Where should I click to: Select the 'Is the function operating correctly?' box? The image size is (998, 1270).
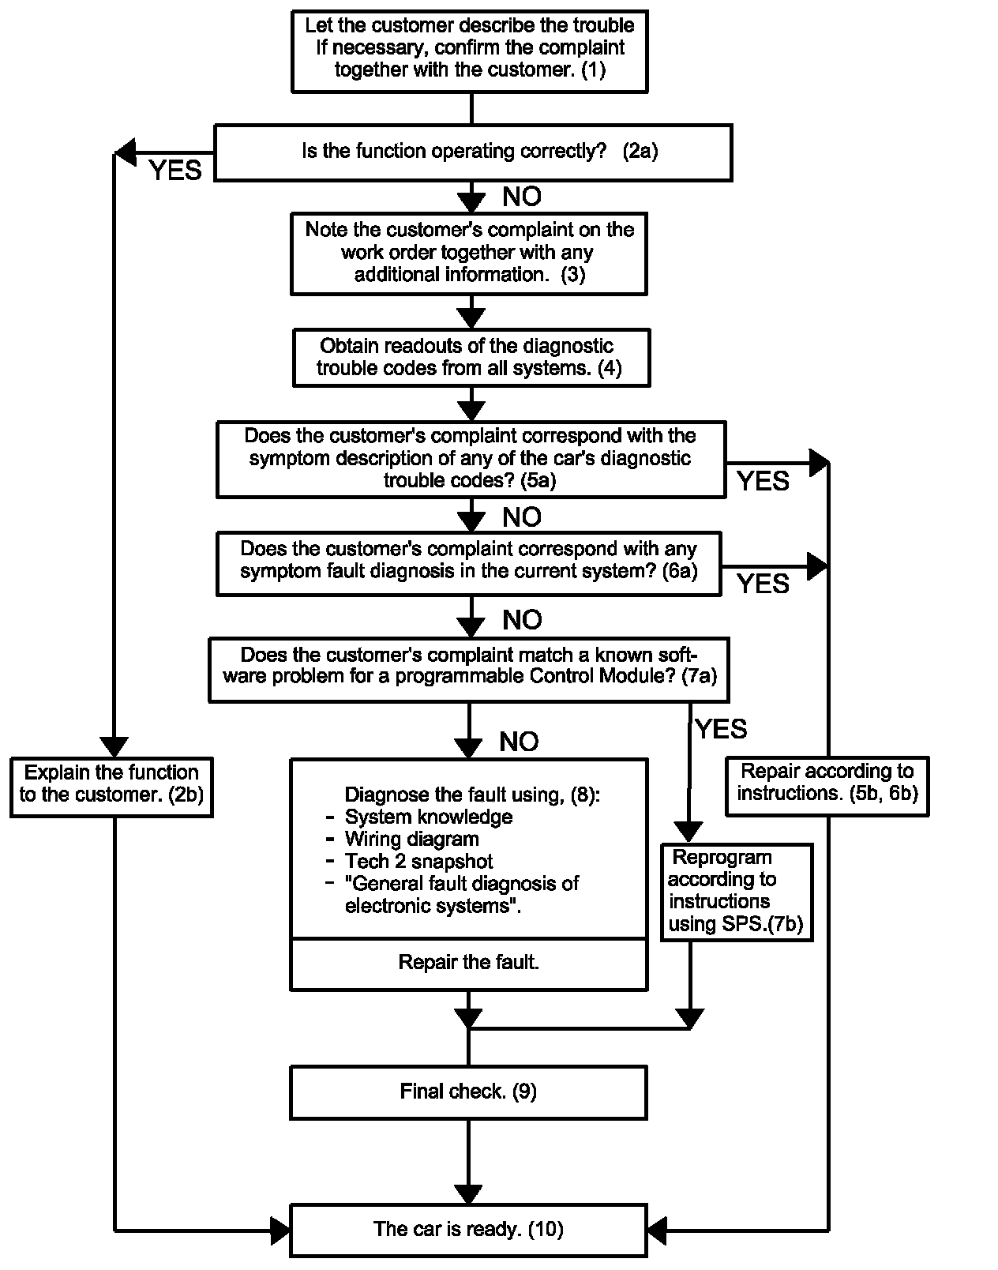tap(473, 152)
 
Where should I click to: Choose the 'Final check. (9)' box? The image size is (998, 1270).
tap(468, 1092)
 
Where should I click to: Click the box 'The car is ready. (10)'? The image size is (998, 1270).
tap(468, 1229)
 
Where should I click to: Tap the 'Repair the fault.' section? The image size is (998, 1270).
tap(468, 963)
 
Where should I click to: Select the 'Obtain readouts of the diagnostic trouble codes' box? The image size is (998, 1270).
tap(471, 358)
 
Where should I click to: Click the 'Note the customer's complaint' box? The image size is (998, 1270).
tap(469, 253)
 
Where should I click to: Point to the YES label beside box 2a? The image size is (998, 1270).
tap(175, 170)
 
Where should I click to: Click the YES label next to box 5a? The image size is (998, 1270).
tap(762, 481)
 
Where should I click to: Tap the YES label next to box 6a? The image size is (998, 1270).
tap(762, 584)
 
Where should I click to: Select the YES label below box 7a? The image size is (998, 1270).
tap(720, 728)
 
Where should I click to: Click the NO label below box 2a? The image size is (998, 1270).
tap(521, 197)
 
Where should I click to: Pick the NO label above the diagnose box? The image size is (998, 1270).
tap(519, 741)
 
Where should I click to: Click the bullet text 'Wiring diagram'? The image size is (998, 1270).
tap(411, 839)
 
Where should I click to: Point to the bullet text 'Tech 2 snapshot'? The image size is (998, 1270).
tap(418, 861)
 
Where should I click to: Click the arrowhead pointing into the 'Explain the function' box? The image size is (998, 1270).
tap(115, 746)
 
